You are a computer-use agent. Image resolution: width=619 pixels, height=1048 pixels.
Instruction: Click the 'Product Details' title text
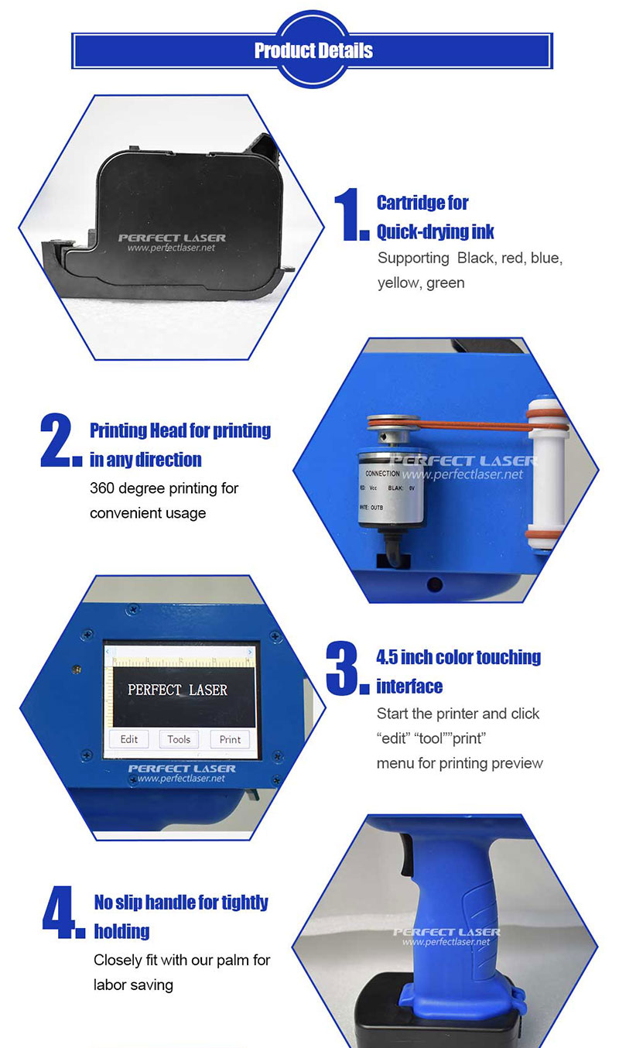[313, 50]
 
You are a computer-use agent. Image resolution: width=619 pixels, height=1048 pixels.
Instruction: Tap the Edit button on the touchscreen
[128, 739]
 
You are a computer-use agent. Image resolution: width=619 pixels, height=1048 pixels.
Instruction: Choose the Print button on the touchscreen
[230, 739]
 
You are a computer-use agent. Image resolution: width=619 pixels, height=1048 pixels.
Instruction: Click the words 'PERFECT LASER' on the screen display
[177, 690]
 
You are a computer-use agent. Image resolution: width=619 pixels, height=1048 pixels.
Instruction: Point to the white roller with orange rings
[546, 474]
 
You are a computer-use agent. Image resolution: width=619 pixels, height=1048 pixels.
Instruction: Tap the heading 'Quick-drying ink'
[435, 231]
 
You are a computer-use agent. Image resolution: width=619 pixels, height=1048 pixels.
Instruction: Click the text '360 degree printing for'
[164, 488]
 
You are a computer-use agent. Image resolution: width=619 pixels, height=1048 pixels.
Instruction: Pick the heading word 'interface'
[409, 687]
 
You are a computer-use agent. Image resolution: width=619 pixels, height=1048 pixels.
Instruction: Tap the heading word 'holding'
[121, 931]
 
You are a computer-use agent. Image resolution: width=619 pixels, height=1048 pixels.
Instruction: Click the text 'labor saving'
[133, 985]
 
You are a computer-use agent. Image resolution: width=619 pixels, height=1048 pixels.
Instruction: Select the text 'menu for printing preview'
[460, 763]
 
